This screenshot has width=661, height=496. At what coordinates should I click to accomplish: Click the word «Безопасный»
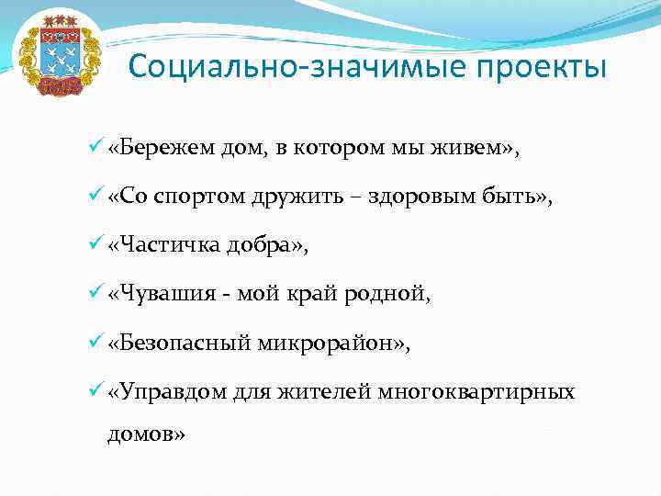[x=178, y=344]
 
